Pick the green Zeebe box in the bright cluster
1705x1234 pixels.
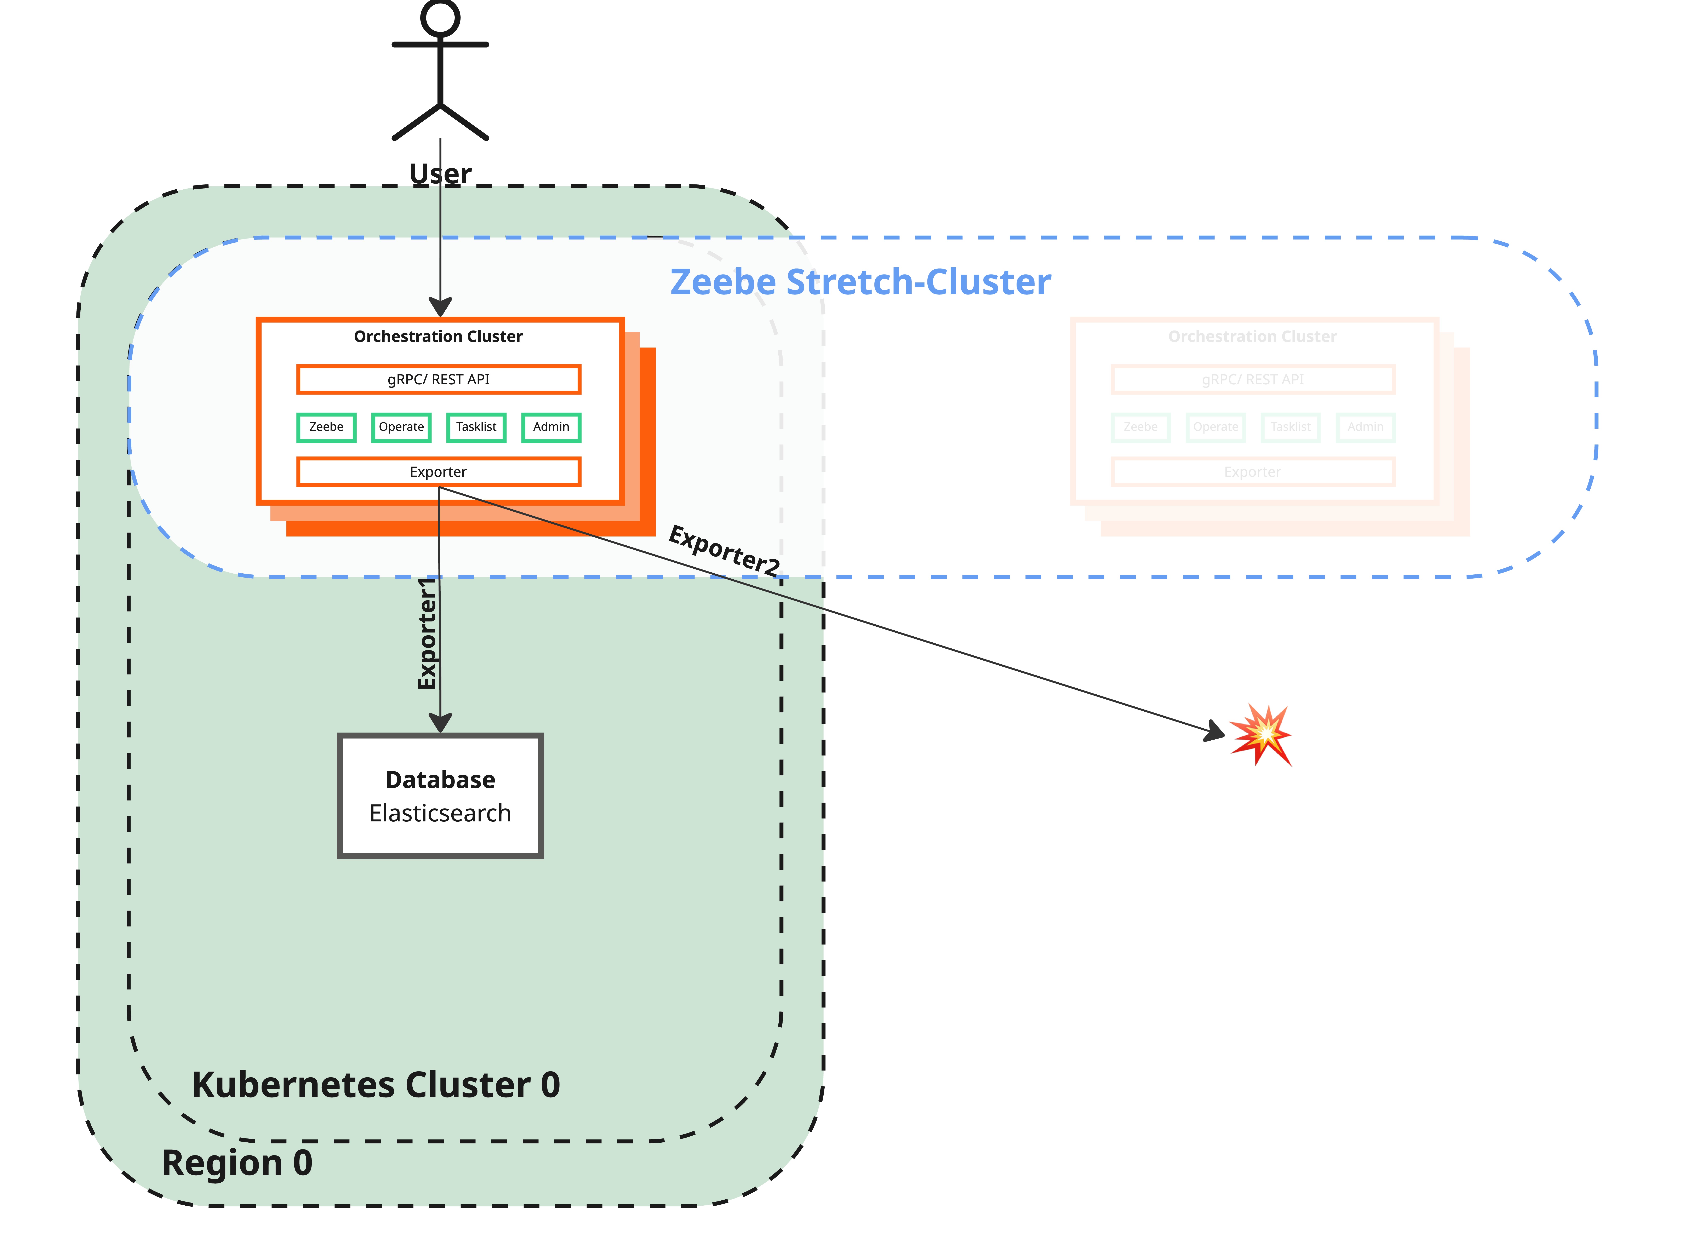tap(326, 427)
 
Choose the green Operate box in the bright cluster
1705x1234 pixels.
tap(401, 427)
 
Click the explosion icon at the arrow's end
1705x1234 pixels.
tap(1261, 734)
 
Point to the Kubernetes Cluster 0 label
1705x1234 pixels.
tap(376, 1084)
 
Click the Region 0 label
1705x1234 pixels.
tap(237, 1163)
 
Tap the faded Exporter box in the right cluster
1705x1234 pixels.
tap(1252, 472)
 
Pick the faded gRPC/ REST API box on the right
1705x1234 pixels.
tap(1252, 379)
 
